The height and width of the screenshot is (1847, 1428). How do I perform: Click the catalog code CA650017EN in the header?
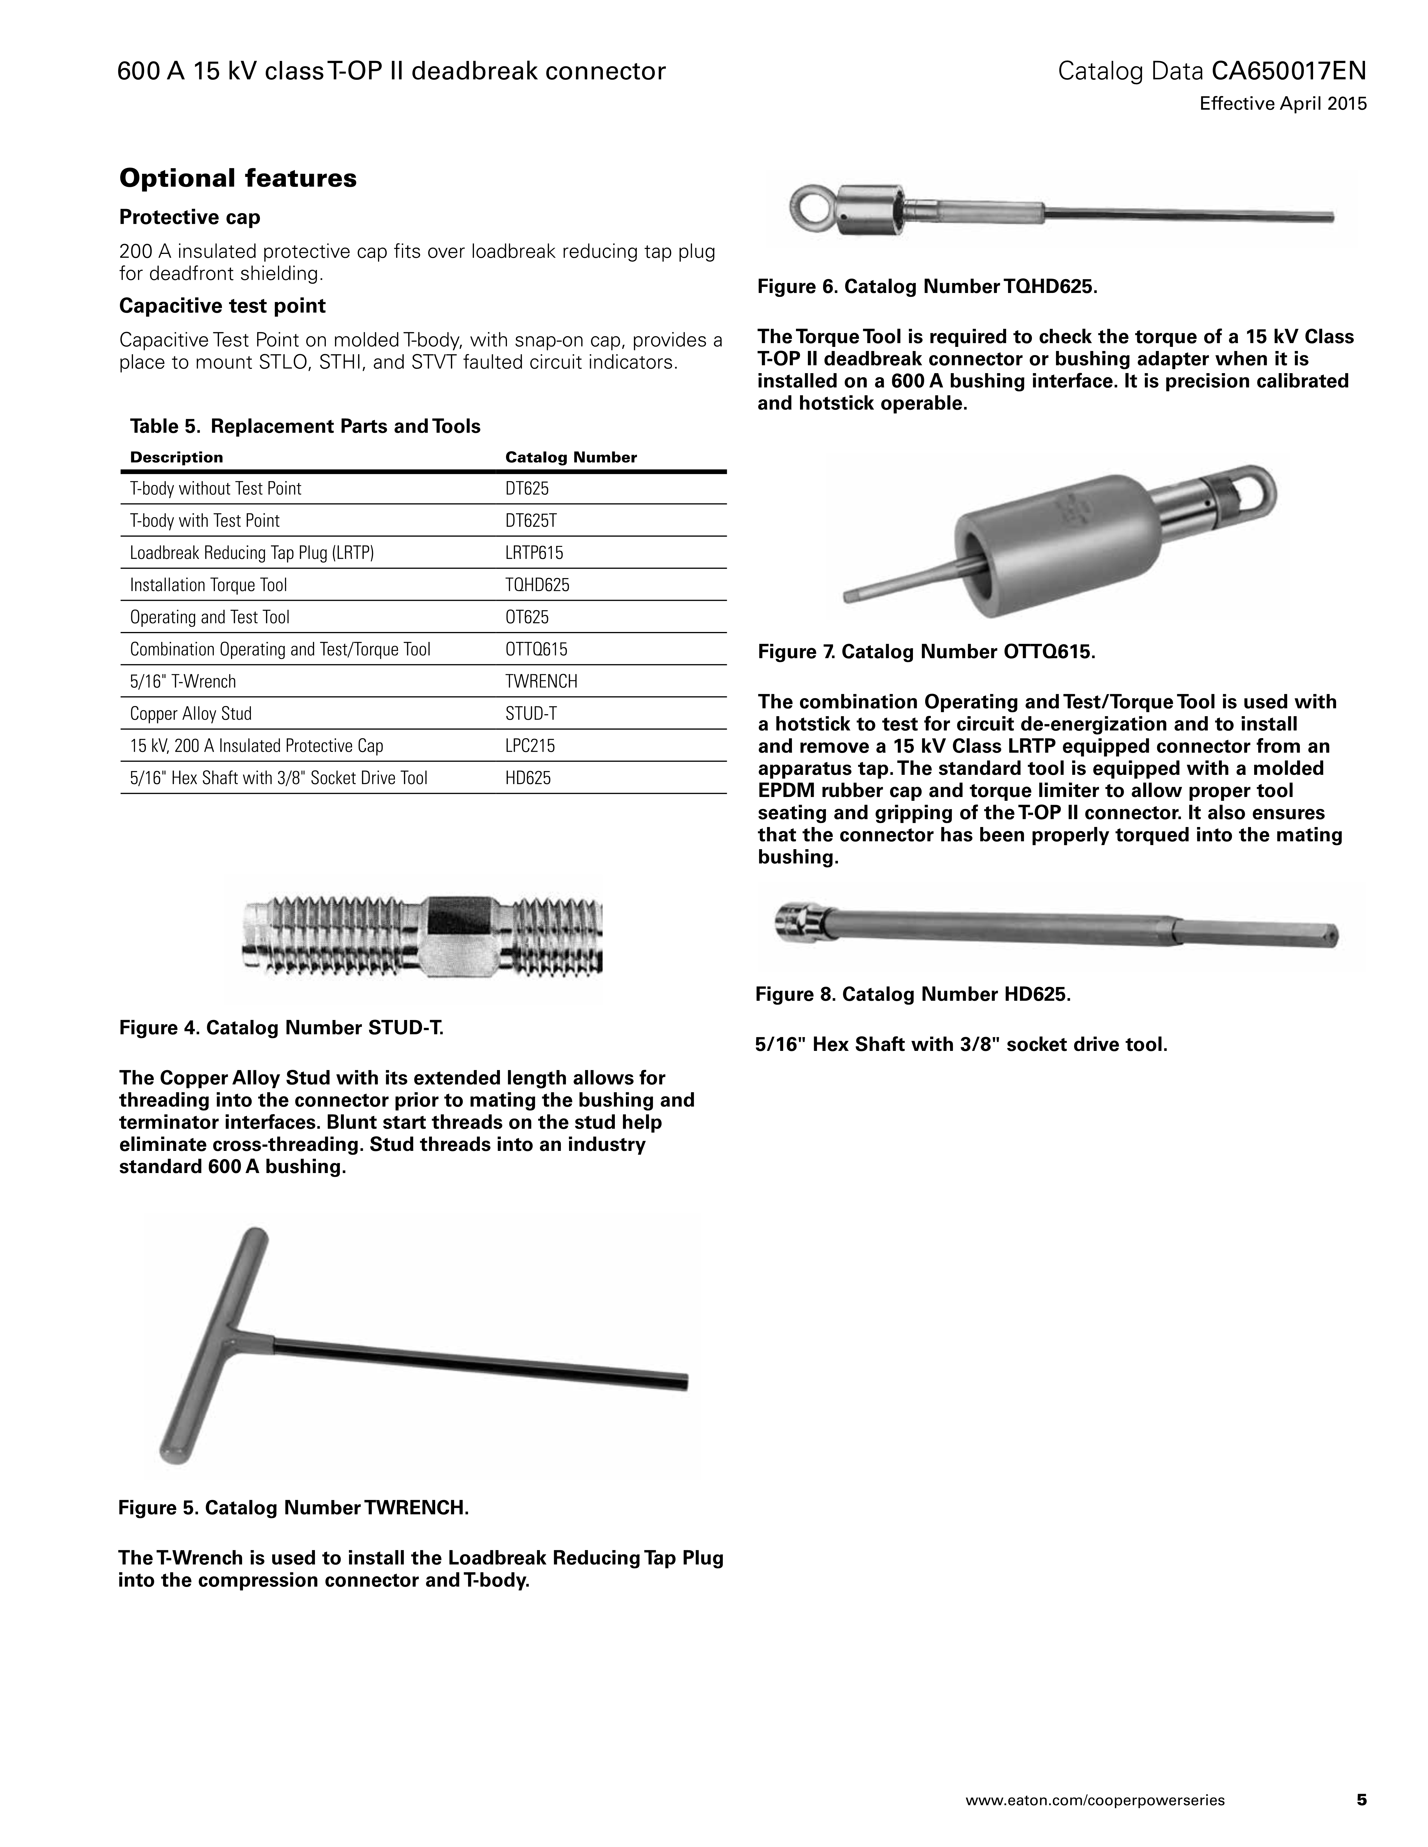1288,71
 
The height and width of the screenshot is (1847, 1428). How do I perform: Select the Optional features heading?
238,178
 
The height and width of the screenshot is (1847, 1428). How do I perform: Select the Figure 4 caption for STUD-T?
281,1028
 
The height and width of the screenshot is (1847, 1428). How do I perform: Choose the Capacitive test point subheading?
222,305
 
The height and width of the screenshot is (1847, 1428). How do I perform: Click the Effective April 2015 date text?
1282,104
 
